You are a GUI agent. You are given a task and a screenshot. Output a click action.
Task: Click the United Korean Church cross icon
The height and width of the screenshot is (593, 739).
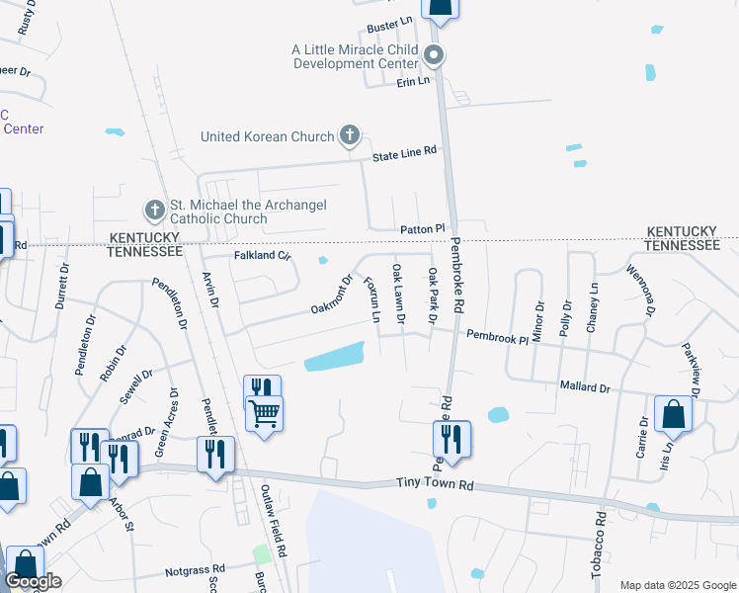[349, 135]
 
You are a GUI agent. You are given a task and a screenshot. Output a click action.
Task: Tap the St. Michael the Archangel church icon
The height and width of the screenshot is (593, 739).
[153, 211]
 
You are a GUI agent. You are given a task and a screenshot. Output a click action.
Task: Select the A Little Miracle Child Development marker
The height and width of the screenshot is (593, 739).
[435, 54]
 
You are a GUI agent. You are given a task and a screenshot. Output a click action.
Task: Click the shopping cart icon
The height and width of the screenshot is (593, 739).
[265, 413]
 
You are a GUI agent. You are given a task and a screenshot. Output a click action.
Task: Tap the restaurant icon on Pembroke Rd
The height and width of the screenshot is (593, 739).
[452, 438]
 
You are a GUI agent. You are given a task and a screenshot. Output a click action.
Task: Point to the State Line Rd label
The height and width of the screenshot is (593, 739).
[404, 153]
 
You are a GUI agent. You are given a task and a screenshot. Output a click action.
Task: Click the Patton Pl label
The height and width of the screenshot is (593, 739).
[424, 228]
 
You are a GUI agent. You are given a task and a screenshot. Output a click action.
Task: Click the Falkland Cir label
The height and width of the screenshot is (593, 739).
[263, 255]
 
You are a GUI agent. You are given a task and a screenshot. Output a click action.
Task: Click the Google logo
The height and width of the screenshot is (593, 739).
[34, 582]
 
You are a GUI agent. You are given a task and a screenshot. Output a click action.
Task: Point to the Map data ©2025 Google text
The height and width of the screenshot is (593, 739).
[677, 585]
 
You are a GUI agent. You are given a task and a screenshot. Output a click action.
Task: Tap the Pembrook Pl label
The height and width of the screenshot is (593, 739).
[498, 336]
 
